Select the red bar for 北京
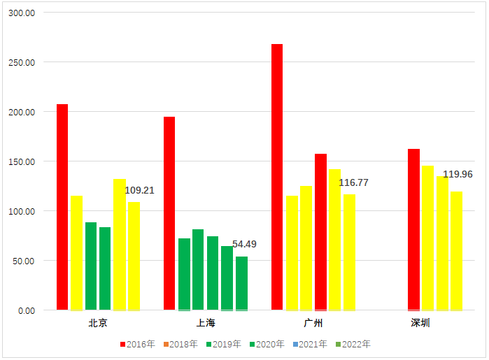(x=62, y=207)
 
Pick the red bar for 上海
(x=169, y=213)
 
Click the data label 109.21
(x=140, y=190)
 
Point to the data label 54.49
(x=244, y=244)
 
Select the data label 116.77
(x=353, y=182)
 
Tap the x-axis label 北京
(x=98, y=323)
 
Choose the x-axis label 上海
(x=206, y=323)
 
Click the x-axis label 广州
(x=313, y=323)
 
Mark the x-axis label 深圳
(x=420, y=323)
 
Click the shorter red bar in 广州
(x=320, y=232)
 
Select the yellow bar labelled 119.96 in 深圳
(x=456, y=251)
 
